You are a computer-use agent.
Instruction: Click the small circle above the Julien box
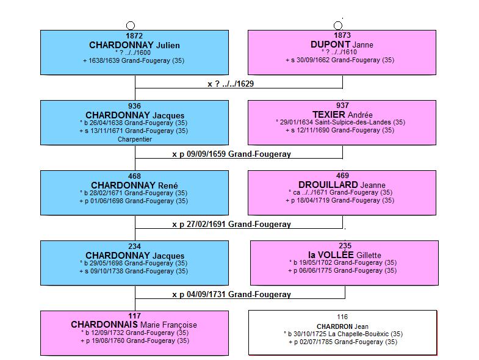[x=131, y=26]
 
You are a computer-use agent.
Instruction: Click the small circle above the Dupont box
[x=338, y=26]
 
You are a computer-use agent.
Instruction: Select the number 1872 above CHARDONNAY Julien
[x=134, y=36]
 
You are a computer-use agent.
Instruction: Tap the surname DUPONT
[x=330, y=45]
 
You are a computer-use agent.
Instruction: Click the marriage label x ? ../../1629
[x=231, y=84]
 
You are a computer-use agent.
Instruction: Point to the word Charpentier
[x=135, y=139]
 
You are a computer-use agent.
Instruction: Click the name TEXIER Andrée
[x=342, y=115]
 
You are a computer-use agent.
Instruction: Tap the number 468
[x=134, y=176]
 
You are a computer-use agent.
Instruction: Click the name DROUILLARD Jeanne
[x=342, y=185]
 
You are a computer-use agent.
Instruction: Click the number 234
[x=134, y=247]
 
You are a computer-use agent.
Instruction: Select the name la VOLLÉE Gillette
[x=345, y=255]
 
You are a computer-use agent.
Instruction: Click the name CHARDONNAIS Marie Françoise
[x=134, y=325]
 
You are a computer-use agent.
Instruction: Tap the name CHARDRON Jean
[x=342, y=326]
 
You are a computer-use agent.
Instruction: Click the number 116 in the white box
[x=342, y=317]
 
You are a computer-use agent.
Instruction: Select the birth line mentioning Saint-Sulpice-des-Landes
[x=340, y=122]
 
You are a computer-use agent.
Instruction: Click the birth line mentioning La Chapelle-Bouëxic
[x=343, y=334]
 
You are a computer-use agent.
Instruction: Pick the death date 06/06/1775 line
[x=342, y=270]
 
